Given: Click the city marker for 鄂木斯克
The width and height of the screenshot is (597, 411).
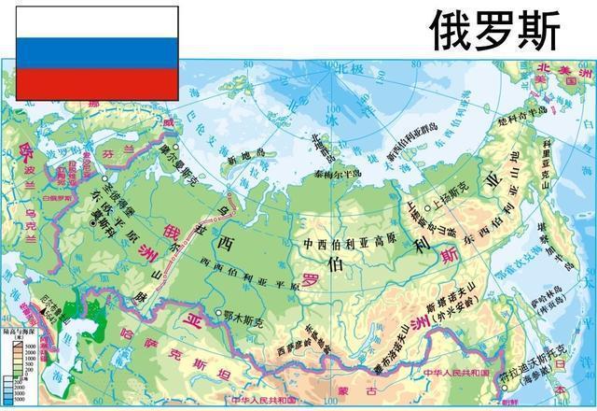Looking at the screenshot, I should [x=218, y=313].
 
